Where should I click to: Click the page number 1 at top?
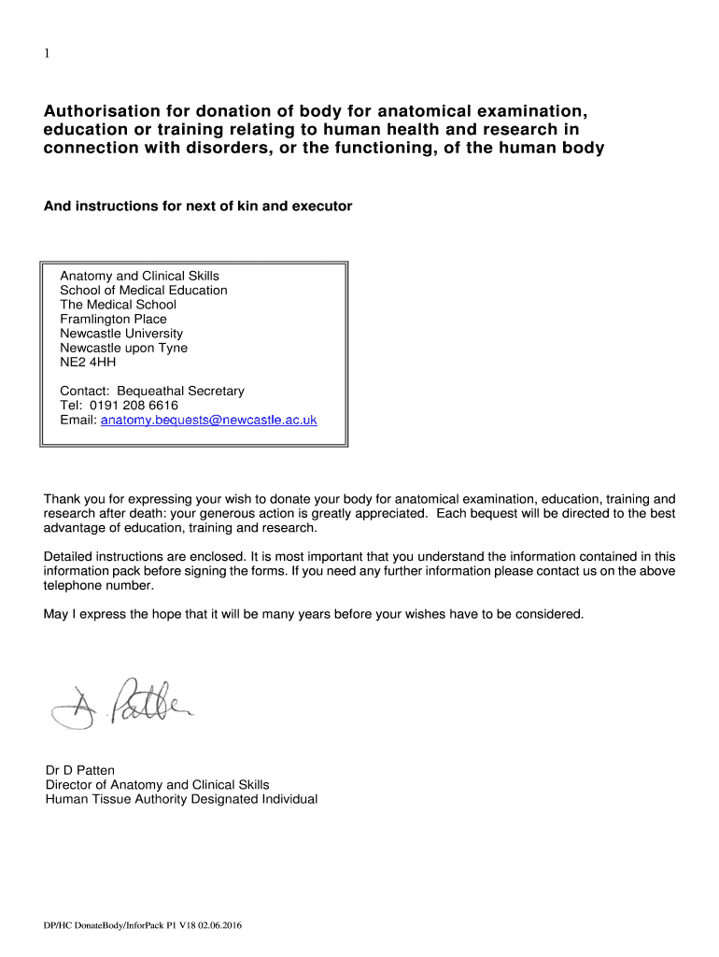47,54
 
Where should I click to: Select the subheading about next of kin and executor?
198,206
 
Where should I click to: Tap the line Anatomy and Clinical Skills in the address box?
139,276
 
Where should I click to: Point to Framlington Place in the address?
113,319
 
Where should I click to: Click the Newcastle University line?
121,334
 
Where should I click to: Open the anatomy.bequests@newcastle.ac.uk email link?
208,421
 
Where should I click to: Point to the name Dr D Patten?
80,770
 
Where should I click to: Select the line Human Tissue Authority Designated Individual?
181,799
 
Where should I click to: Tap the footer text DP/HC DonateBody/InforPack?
103,926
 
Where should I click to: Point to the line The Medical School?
118,305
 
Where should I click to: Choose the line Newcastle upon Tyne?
123,348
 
